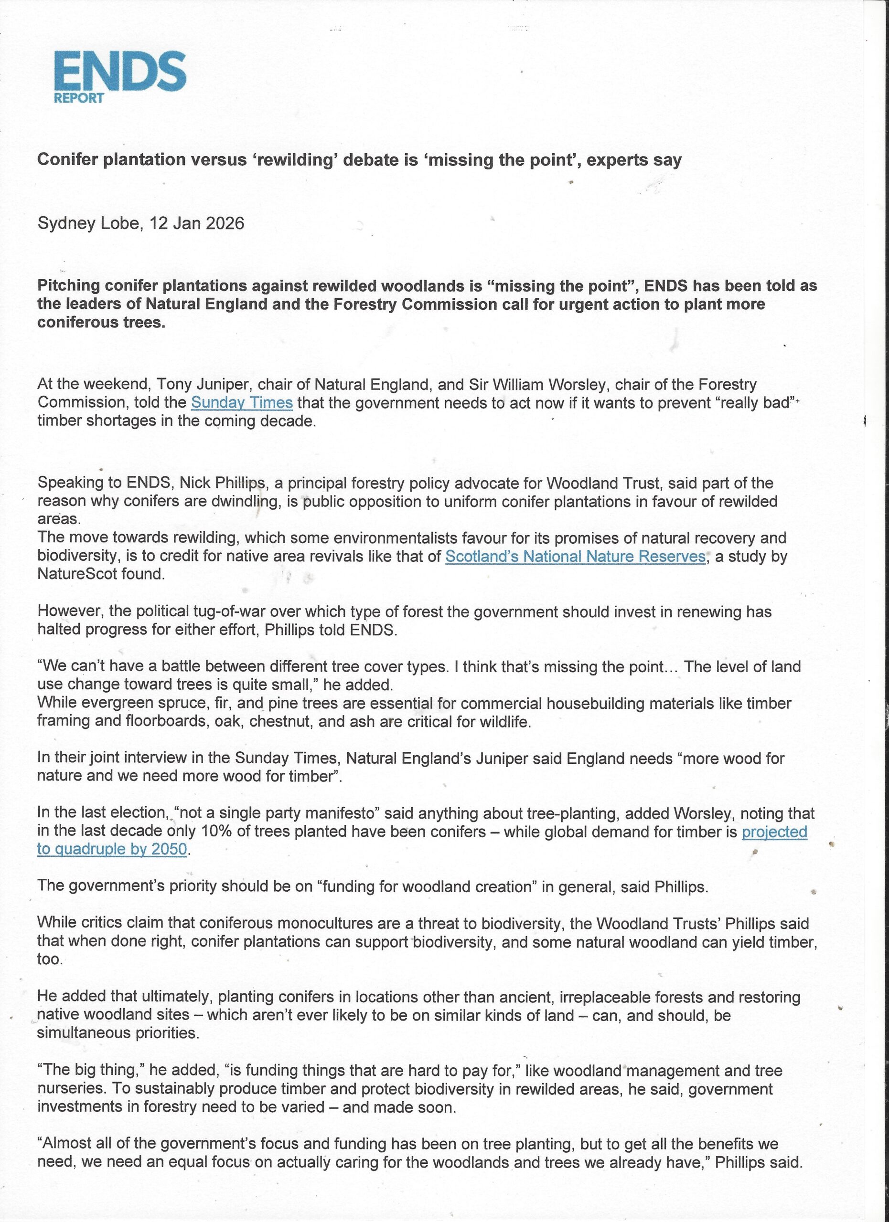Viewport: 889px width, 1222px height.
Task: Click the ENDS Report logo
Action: pyautogui.click(x=120, y=76)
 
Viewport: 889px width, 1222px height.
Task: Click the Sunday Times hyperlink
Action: pyautogui.click(x=242, y=402)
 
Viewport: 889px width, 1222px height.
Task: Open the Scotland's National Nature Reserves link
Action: pyautogui.click(x=575, y=556)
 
